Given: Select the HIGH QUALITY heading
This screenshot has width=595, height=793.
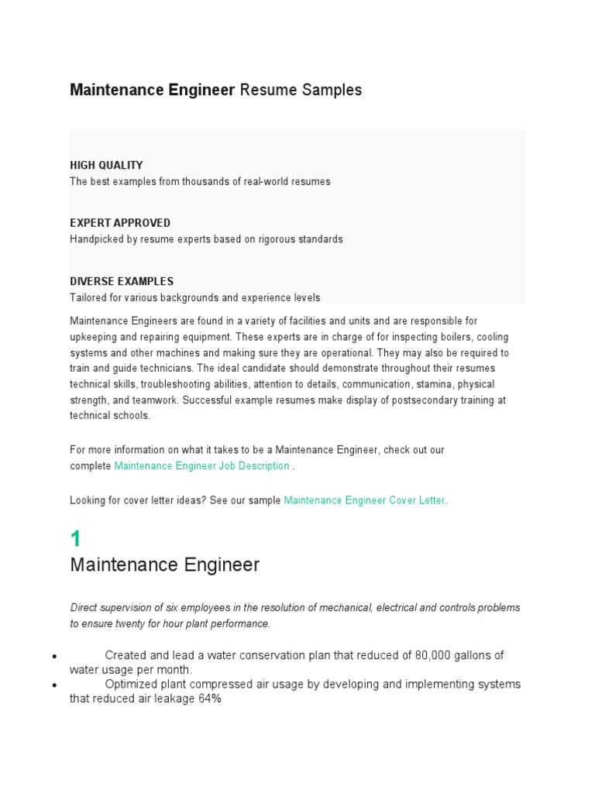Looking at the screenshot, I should pos(106,165).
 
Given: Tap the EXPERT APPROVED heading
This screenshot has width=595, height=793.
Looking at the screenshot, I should pos(120,223).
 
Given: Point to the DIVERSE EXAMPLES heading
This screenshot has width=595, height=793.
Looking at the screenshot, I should pos(122,281).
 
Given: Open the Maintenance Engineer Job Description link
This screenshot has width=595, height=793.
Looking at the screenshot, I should pos(201,466).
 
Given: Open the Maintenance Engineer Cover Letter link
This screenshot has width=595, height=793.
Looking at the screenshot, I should pos(364,500).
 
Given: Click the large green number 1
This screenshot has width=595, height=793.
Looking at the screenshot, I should pos(76,539).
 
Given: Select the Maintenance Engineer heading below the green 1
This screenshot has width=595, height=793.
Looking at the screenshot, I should pos(164,565).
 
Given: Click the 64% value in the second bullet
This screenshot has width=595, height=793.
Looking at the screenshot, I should pos(209,699).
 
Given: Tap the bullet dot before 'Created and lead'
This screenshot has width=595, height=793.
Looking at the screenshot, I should pos(54,656).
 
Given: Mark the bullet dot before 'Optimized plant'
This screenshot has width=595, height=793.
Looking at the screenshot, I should pos(54,685).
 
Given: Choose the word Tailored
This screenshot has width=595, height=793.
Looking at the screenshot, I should pos(88,297).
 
